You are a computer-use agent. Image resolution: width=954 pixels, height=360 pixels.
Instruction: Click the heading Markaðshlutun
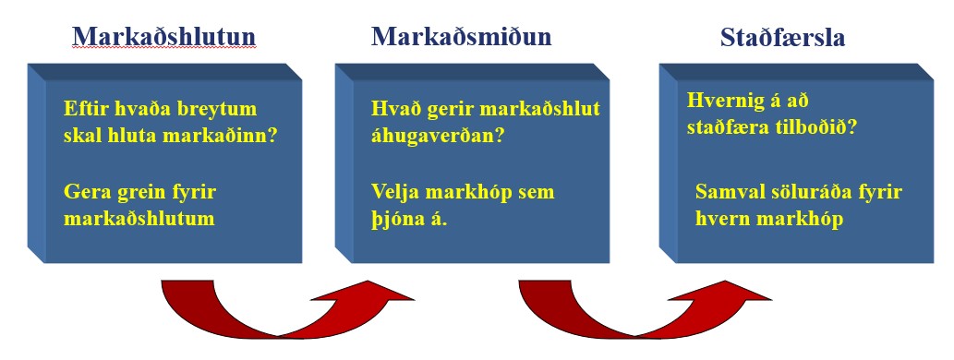[x=163, y=36]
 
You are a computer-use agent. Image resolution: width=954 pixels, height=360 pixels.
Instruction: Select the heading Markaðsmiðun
[x=461, y=36]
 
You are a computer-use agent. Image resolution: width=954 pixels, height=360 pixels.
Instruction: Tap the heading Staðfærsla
[x=782, y=39]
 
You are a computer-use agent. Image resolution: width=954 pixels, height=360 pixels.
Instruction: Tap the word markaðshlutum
[x=139, y=219]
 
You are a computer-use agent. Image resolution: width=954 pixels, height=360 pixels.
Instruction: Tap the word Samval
[x=729, y=192]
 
